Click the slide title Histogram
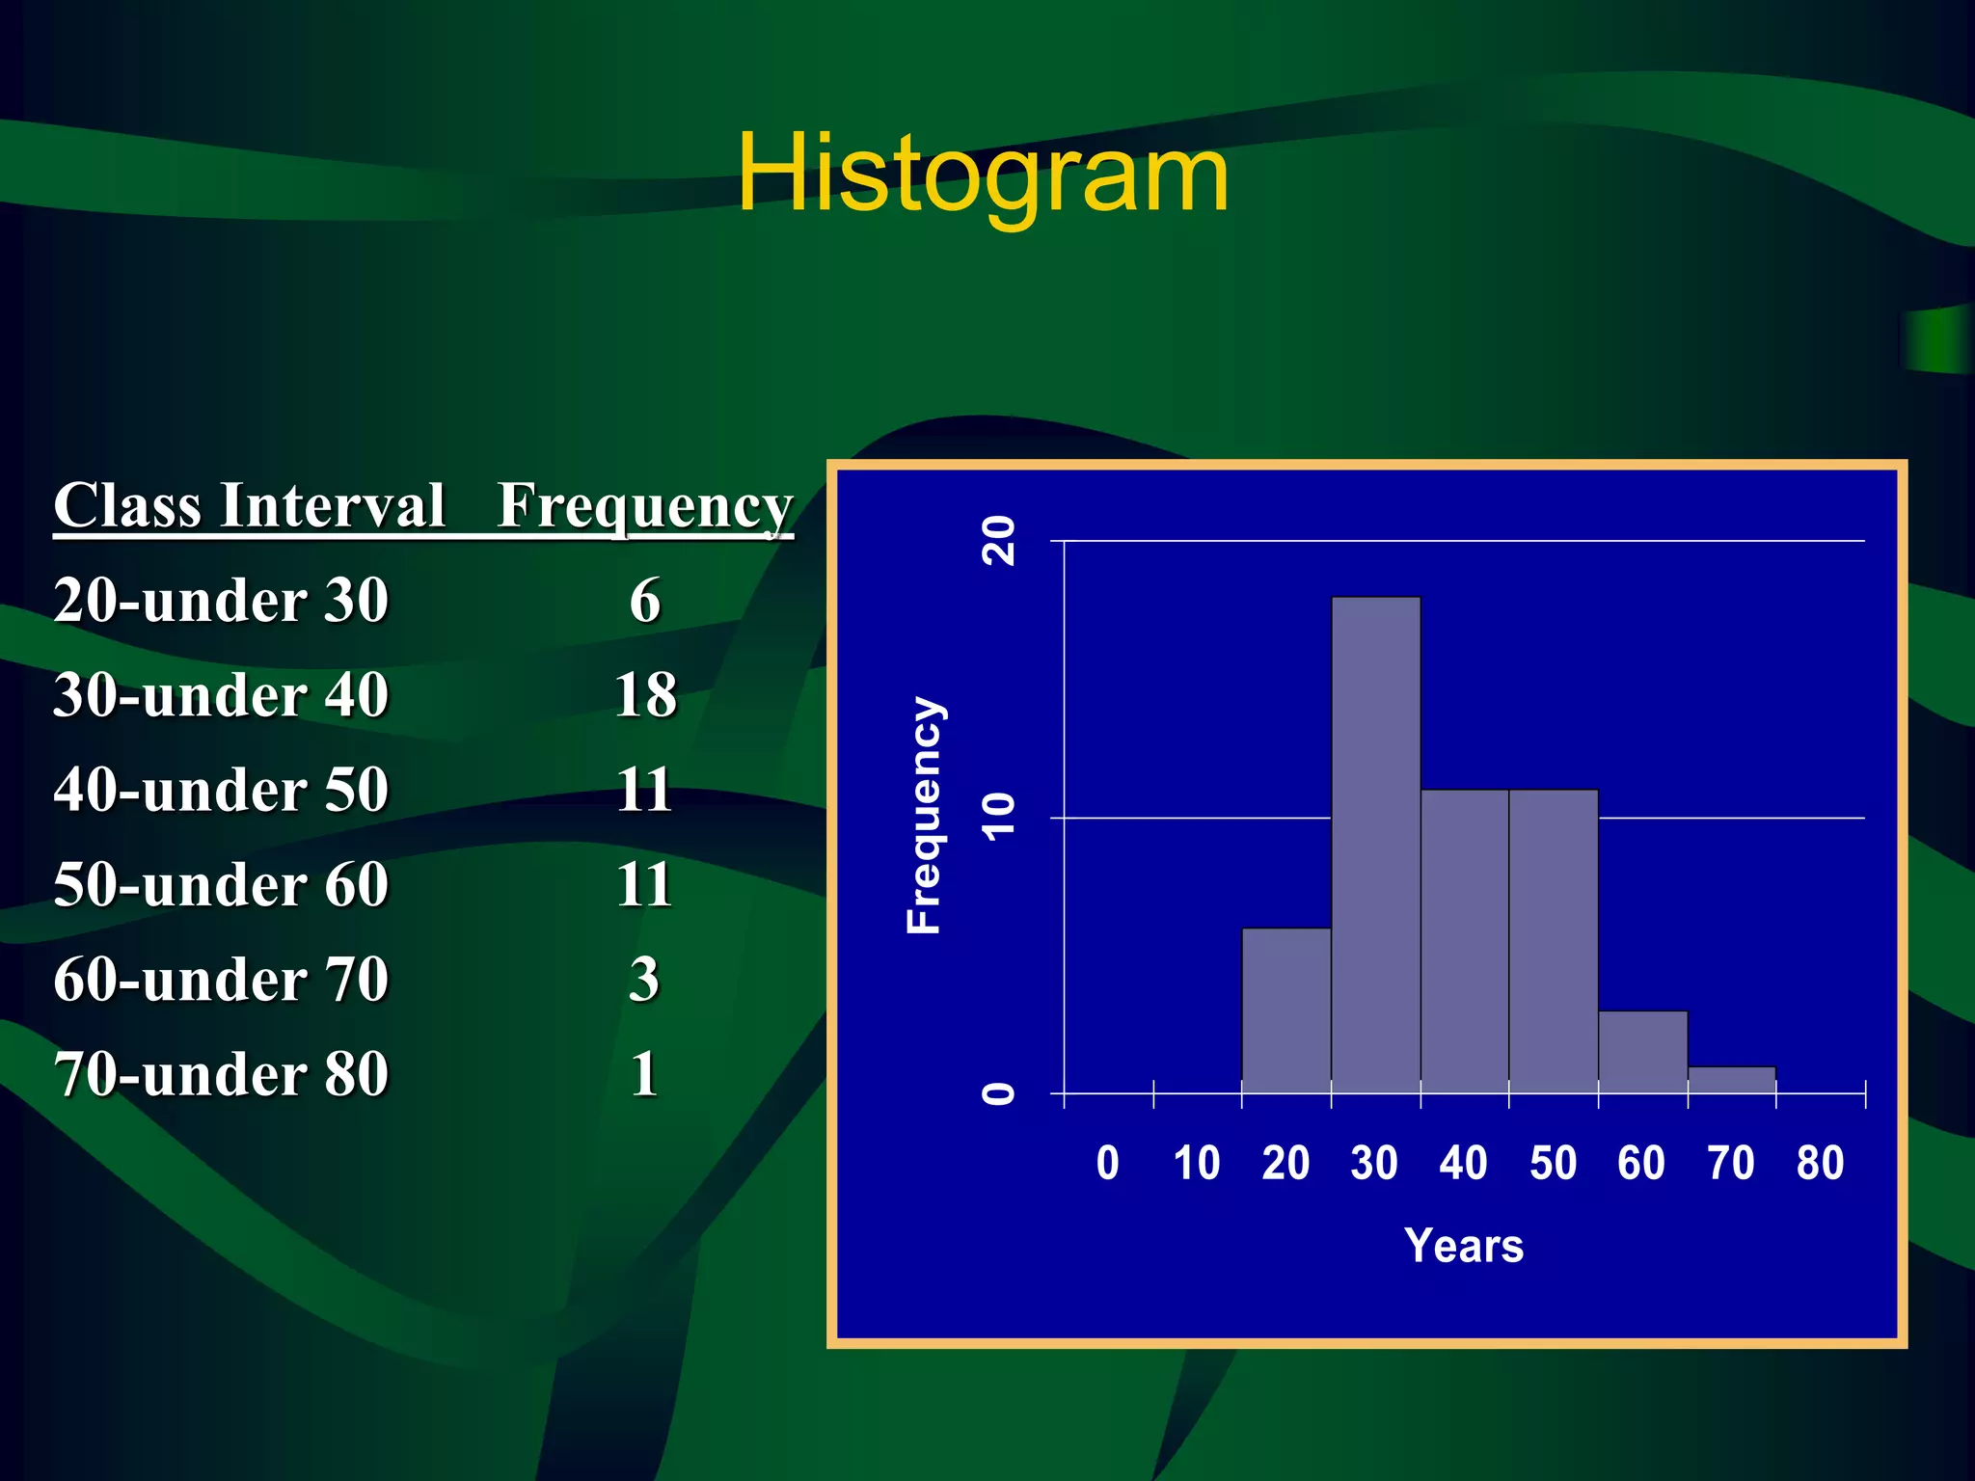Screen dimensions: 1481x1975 pyautogui.click(x=983, y=174)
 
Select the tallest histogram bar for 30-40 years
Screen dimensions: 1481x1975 pyautogui.click(x=1375, y=845)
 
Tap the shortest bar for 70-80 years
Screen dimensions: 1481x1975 pyautogui.click(x=1731, y=1080)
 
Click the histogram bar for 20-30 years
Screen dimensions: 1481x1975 pyautogui.click(x=1285, y=1010)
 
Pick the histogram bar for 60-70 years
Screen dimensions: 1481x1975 pyautogui.click(x=1642, y=1052)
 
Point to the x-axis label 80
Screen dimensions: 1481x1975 pyautogui.click(x=1820, y=1163)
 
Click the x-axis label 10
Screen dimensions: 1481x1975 pyautogui.click(x=1196, y=1163)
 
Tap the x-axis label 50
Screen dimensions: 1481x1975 pyautogui.click(x=1553, y=1163)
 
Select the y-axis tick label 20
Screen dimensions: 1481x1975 pyautogui.click(x=998, y=540)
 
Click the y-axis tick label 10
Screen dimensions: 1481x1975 pyautogui.click(x=998, y=817)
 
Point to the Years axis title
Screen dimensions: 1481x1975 pyautogui.click(x=1463, y=1246)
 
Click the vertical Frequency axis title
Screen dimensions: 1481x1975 pyautogui.click(x=924, y=815)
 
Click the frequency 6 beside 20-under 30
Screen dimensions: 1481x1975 pyautogui.click(x=645, y=600)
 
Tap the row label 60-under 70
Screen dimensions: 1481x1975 pyautogui.click(x=221, y=979)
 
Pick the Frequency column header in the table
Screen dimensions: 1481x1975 pyautogui.click(x=644, y=506)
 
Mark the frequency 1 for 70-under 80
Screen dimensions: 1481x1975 pyautogui.click(x=645, y=1073)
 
